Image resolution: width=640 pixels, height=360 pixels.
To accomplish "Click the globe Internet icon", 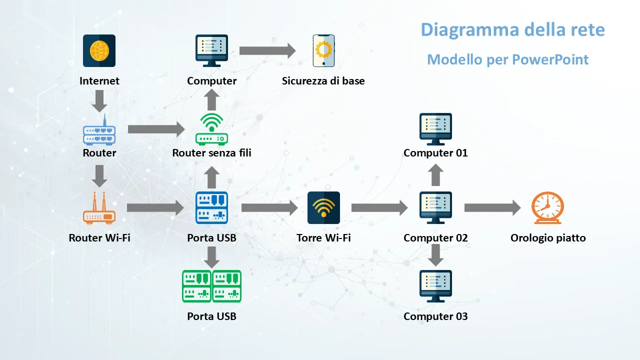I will [x=99, y=50].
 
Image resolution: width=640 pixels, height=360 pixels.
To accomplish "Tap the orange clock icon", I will [x=547, y=208].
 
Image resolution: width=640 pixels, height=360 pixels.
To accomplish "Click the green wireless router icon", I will [x=211, y=129].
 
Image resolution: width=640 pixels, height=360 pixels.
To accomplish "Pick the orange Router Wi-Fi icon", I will [x=99, y=207].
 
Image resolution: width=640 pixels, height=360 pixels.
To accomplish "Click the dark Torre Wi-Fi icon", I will [x=323, y=207].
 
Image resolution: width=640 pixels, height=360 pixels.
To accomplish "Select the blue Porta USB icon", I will [x=211, y=207].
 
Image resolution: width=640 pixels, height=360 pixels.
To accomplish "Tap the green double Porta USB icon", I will [x=211, y=286].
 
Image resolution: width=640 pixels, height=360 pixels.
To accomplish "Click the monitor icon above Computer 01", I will [x=435, y=129].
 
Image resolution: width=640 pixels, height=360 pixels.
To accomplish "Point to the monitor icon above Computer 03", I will [x=435, y=286].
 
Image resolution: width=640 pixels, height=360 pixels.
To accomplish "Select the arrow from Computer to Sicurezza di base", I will [x=267, y=50].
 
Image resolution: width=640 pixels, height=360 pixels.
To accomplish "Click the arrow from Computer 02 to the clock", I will [x=492, y=207].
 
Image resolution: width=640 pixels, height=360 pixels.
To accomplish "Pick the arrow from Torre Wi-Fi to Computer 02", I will [x=379, y=207].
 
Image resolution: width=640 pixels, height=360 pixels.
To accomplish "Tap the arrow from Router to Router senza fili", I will [x=156, y=129].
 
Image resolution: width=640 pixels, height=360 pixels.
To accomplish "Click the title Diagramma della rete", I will [x=512, y=29].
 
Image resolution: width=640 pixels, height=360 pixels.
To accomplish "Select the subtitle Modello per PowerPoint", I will [x=507, y=60].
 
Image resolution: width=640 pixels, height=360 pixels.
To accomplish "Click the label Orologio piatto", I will [x=547, y=238].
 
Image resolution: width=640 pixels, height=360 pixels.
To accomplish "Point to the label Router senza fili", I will [x=211, y=153].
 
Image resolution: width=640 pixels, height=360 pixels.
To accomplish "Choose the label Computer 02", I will [x=435, y=238].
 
